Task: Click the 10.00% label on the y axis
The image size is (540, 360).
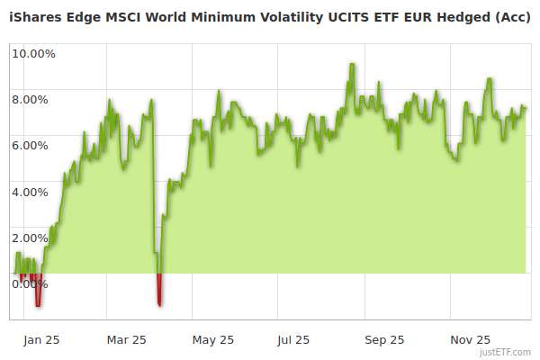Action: pyautogui.click(x=33, y=53)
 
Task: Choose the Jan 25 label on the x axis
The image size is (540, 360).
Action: pyautogui.click(x=41, y=339)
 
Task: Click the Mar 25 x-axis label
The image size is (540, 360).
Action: pyautogui.click(x=127, y=339)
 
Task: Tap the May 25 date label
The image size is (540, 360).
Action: pyautogui.click(x=213, y=339)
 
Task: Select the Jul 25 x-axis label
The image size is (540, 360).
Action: pyautogui.click(x=293, y=339)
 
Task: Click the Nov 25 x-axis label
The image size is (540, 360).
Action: pyautogui.click(x=470, y=339)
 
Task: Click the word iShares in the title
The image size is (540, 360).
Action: pyautogui.click(x=32, y=16)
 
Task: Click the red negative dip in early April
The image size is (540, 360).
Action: pyautogui.click(x=159, y=292)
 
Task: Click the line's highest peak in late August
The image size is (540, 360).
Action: pyautogui.click(x=352, y=65)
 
